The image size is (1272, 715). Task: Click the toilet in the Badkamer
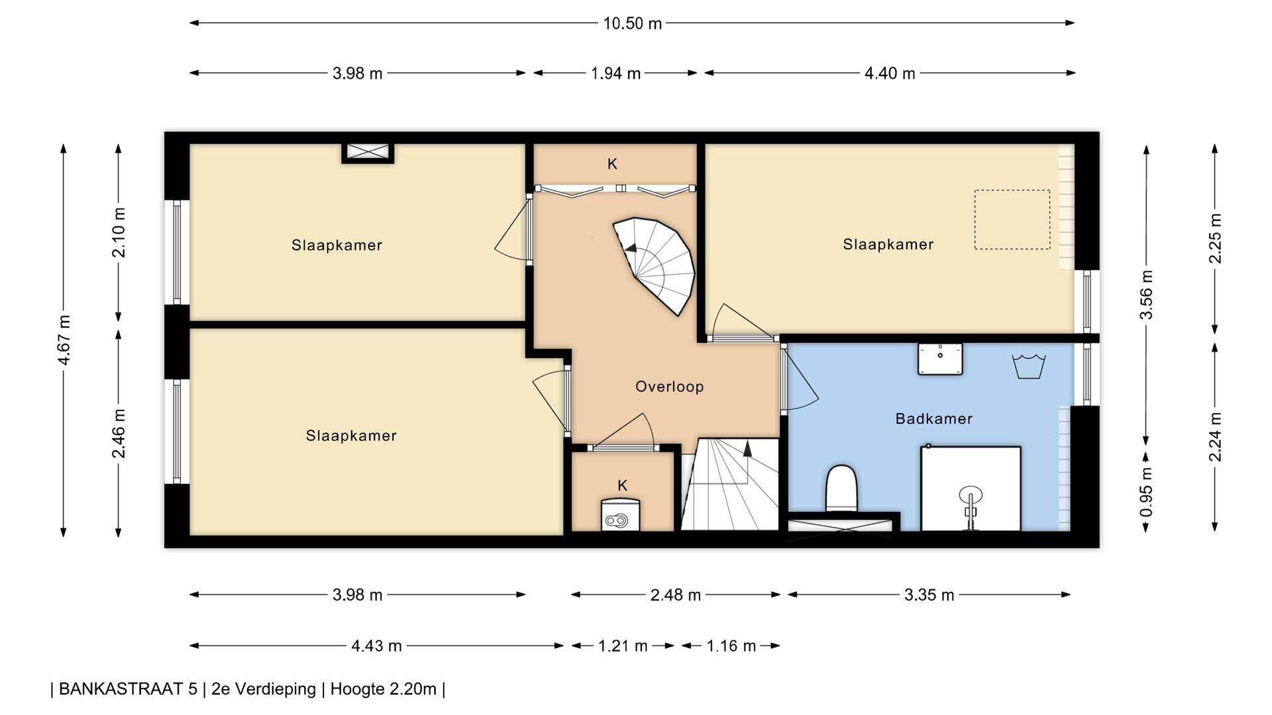[x=841, y=488]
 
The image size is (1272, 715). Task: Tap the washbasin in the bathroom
[x=940, y=359]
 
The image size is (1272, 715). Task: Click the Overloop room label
[x=669, y=387]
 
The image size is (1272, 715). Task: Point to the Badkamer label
[x=934, y=418]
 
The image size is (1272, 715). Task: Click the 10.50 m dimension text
[x=632, y=23]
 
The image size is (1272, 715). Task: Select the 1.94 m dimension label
[x=615, y=73]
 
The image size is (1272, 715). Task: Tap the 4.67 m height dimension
[x=64, y=340]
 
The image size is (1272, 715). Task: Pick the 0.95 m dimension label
[x=1146, y=492]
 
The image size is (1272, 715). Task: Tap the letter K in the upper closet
[x=612, y=164]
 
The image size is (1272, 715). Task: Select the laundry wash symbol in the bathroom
[x=1028, y=366]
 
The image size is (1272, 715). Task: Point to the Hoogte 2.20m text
[x=383, y=689]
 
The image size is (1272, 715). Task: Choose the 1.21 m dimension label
[x=623, y=646]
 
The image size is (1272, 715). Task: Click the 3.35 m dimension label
[x=929, y=595]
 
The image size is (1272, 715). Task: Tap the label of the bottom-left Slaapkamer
[x=351, y=436]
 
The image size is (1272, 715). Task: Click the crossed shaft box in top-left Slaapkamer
[x=368, y=153]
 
